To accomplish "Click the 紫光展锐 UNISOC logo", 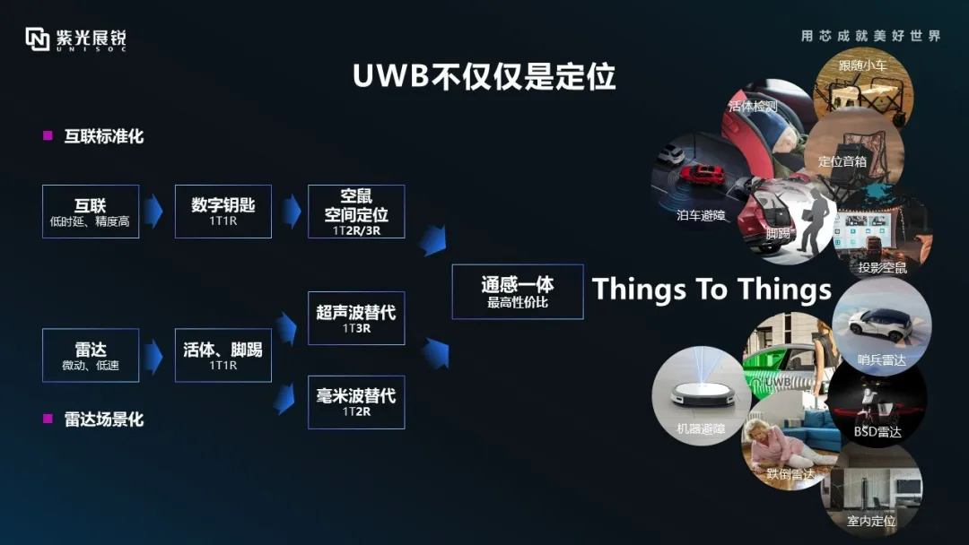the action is point(75,39).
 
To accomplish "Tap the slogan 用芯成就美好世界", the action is point(870,36).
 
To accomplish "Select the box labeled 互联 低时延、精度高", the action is point(91,212).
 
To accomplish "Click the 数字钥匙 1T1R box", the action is point(223,212).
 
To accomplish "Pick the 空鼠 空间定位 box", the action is point(356,212).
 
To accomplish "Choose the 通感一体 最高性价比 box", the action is point(518,291).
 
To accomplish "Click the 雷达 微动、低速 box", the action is point(91,355).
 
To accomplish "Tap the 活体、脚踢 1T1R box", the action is point(223,355).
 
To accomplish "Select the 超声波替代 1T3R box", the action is point(356,318).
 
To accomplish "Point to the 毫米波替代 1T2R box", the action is point(356,402).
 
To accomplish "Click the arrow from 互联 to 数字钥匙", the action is point(154,212).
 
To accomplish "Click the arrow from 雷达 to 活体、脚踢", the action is point(154,356).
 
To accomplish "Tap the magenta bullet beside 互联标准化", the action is point(48,136).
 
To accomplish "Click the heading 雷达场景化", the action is point(104,419).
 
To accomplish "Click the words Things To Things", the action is point(711,290).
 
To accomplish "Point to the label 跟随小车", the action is point(862,65).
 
